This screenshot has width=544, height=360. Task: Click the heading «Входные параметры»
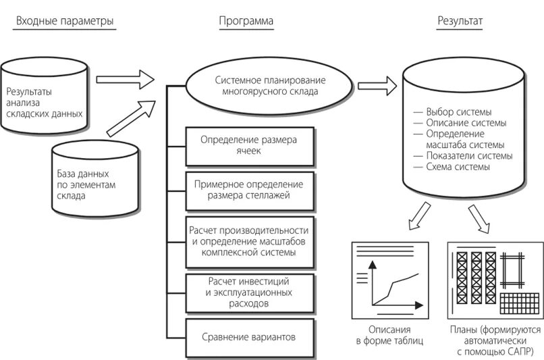click(x=65, y=22)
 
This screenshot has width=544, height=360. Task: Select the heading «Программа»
click(x=246, y=22)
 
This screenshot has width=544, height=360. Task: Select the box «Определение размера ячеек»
click(x=250, y=145)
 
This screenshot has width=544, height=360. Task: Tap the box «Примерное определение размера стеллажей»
click(x=250, y=190)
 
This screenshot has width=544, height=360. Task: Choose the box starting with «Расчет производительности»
click(x=250, y=242)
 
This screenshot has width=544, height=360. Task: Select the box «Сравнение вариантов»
click(x=250, y=336)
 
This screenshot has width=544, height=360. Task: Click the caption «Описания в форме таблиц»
click(x=390, y=336)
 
